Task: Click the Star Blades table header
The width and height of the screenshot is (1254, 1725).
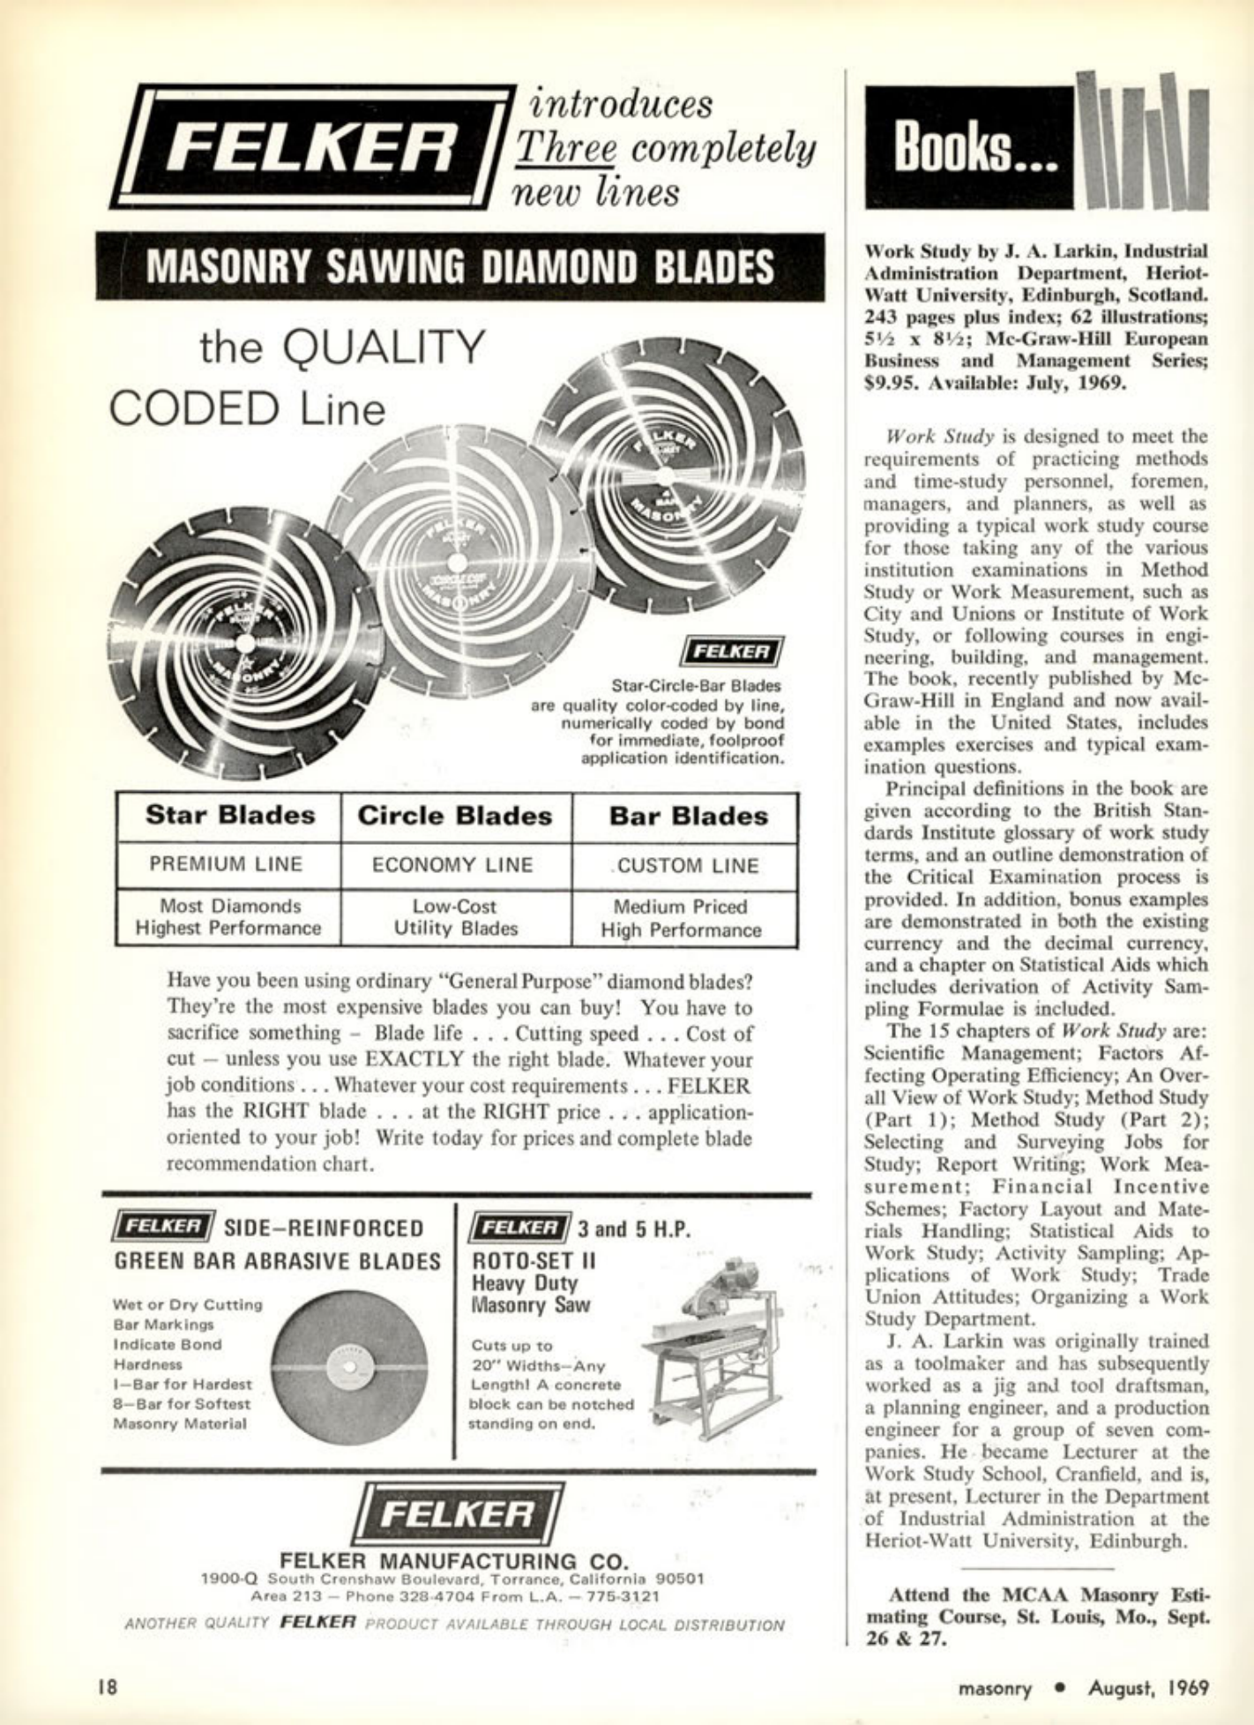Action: [229, 815]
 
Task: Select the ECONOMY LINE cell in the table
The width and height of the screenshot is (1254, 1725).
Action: [453, 865]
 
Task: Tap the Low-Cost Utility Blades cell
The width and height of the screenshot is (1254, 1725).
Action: [455, 917]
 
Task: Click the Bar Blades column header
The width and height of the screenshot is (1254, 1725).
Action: [688, 816]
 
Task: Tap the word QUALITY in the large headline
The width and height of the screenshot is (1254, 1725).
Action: [387, 347]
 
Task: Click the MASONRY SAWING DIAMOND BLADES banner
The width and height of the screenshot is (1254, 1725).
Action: [459, 267]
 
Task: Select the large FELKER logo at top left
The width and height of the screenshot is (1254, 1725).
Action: [313, 146]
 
